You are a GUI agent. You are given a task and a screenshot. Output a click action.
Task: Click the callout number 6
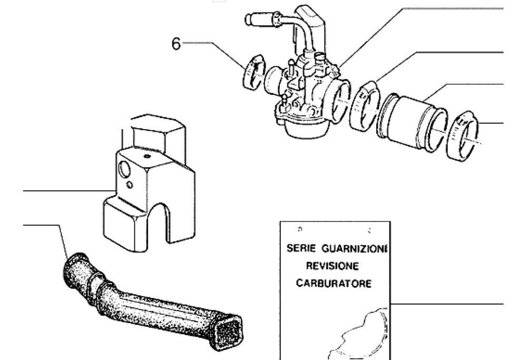176,44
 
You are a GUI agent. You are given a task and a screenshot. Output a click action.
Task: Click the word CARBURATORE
333,283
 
